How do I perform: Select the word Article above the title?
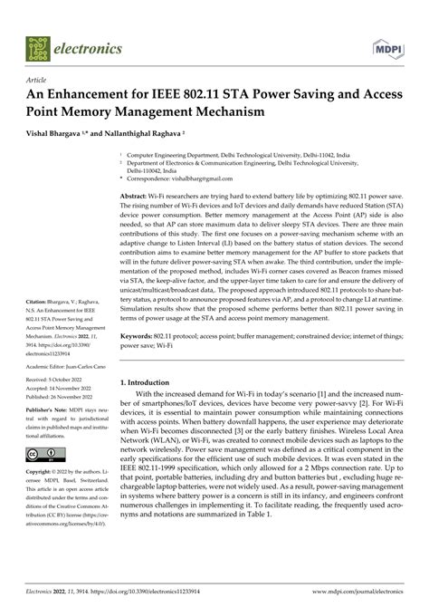(39, 80)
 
